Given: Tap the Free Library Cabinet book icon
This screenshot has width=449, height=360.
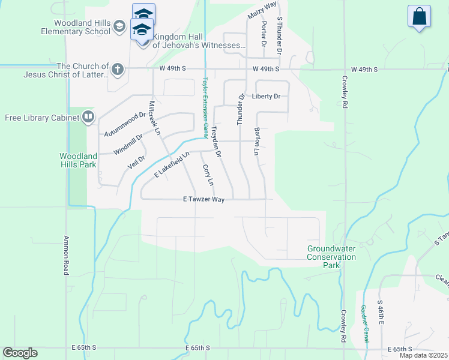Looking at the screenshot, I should click(x=88, y=117).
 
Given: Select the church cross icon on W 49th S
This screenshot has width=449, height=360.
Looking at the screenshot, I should click(x=117, y=70).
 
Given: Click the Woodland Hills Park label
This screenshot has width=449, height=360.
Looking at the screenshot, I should click(x=78, y=160).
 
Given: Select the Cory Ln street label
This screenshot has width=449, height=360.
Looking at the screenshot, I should click(x=207, y=175).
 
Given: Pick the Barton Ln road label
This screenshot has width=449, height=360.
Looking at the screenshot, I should click(x=257, y=142).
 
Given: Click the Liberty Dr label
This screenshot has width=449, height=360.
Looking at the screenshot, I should click(x=267, y=96).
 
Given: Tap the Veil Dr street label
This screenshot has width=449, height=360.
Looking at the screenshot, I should click(x=137, y=161).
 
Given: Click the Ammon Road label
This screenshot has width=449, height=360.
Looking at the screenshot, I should click(x=66, y=255).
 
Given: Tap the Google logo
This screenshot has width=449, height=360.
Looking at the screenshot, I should click(x=20, y=353).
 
